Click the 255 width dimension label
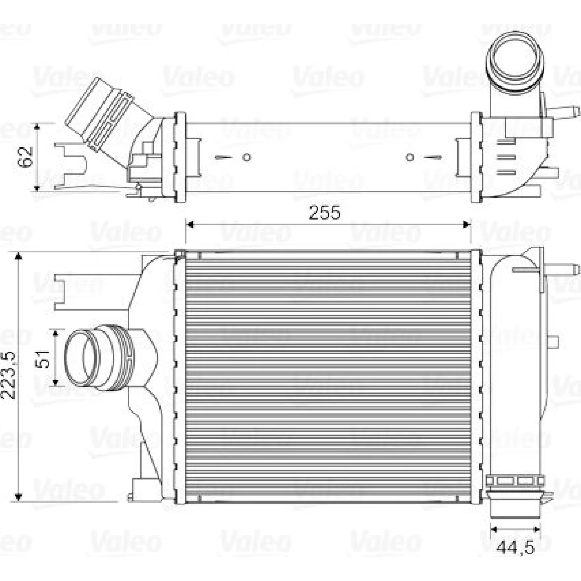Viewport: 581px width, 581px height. [x=325, y=213]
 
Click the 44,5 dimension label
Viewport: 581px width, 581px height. [x=515, y=547]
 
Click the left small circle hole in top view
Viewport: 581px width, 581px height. [x=247, y=157]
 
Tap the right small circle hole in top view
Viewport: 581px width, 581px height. [x=410, y=157]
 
